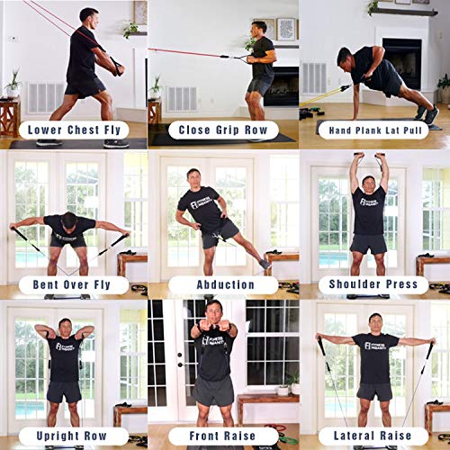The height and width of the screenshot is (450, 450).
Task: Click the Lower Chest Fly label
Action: click(74, 129)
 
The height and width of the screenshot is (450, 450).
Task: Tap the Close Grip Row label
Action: click(224, 129)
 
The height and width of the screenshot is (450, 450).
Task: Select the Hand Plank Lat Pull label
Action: click(374, 129)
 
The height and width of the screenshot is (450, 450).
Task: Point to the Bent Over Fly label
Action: click(74, 284)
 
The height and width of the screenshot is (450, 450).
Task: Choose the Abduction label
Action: click(224, 284)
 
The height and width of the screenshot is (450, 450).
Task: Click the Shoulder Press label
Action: click(374, 284)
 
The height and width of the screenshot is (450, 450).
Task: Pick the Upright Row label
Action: click(74, 436)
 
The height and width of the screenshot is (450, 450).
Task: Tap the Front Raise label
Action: click(224, 436)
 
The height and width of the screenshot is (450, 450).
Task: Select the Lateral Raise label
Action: click(374, 436)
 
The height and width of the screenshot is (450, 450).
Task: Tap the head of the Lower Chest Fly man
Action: click(87, 17)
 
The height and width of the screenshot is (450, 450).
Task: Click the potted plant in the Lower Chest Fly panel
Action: click(12, 83)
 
